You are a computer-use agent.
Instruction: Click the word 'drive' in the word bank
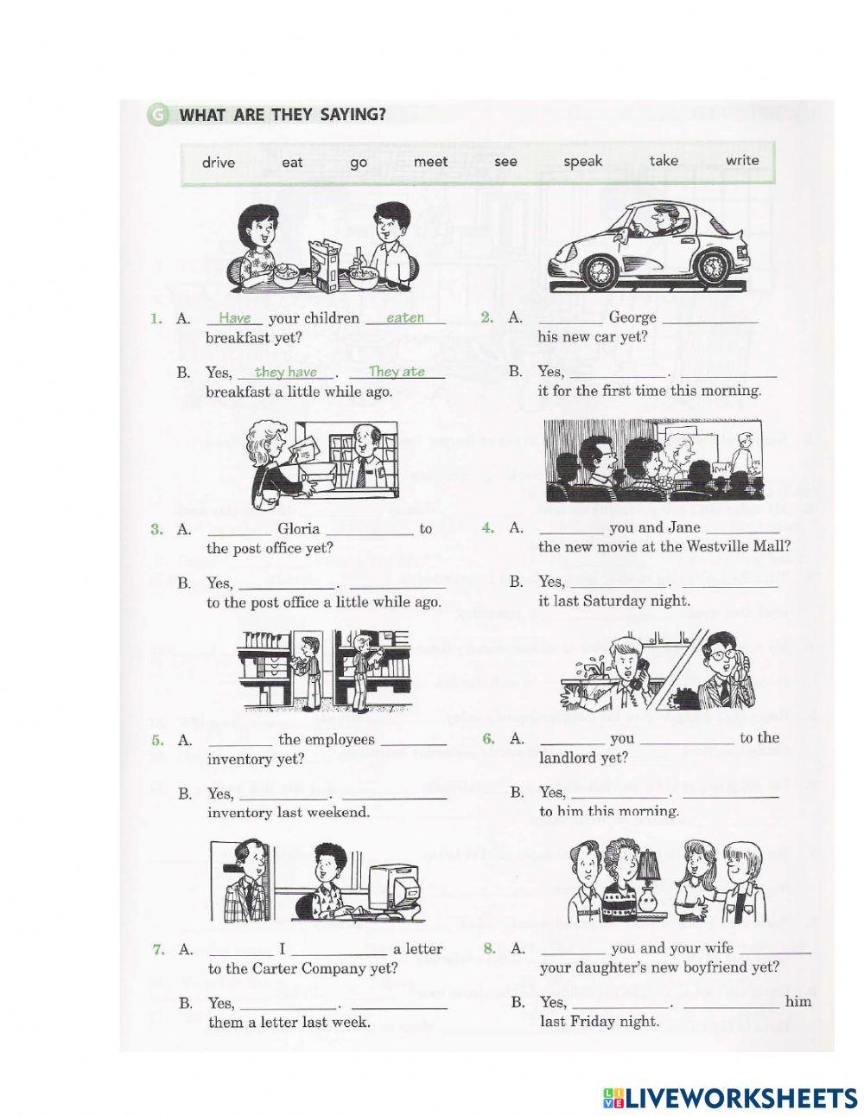(219, 163)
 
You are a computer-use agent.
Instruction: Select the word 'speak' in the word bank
(583, 162)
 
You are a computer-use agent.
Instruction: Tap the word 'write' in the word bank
(742, 160)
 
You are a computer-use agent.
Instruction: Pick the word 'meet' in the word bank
(431, 162)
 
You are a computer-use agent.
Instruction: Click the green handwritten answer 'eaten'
(405, 318)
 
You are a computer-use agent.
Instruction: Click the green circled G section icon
(157, 115)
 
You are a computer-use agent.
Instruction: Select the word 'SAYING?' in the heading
(353, 114)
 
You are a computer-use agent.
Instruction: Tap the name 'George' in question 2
(632, 317)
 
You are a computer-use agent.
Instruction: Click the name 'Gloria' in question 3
(298, 528)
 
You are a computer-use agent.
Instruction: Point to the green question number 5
(157, 740)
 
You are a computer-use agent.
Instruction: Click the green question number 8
(489, 948)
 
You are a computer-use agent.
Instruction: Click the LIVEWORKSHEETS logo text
(740, 1086)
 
